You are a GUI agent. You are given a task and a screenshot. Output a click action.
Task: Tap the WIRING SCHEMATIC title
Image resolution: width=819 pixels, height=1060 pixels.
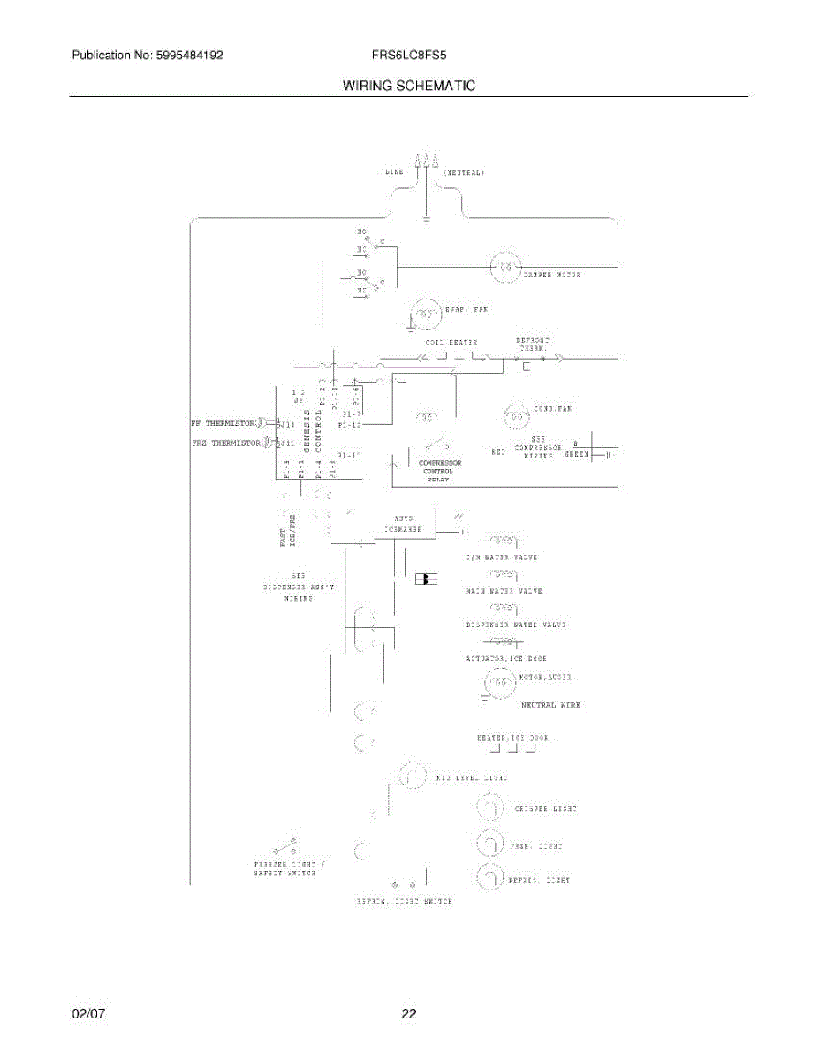(409, 86)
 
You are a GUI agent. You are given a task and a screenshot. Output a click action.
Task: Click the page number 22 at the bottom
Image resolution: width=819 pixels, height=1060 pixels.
(408, 1014)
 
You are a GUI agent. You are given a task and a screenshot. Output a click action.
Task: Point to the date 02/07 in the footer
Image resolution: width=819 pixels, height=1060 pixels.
(88, 1014)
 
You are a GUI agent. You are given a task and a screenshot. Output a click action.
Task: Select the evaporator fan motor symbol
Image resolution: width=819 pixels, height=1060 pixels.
(427, 313)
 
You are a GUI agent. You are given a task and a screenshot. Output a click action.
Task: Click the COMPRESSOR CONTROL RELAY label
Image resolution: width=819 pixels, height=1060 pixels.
(439, 471)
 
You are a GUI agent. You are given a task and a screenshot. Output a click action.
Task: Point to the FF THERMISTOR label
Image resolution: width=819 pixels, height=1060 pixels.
(222, 422)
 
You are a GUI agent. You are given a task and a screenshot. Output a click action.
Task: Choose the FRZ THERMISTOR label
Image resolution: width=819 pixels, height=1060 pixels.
(225, 443)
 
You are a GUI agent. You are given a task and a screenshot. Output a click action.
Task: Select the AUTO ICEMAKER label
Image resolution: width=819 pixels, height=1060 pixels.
(403, 524)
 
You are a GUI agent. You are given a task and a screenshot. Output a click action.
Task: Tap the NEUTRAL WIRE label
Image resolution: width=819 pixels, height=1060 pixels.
(550, 705)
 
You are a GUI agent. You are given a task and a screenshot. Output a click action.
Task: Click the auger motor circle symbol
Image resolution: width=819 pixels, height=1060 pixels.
(498, 684)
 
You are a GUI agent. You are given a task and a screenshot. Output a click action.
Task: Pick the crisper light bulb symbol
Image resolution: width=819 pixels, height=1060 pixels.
(489, 808)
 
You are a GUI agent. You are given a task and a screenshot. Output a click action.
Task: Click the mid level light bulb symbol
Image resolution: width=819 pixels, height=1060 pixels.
(410, 777)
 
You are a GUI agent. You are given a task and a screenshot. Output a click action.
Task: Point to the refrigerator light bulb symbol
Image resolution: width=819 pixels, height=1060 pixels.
(489, 879)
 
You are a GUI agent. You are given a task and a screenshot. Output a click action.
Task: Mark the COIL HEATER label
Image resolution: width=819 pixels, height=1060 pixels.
(451, 342)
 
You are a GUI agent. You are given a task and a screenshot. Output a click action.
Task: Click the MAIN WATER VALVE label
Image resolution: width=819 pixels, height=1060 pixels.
(504, 590)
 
